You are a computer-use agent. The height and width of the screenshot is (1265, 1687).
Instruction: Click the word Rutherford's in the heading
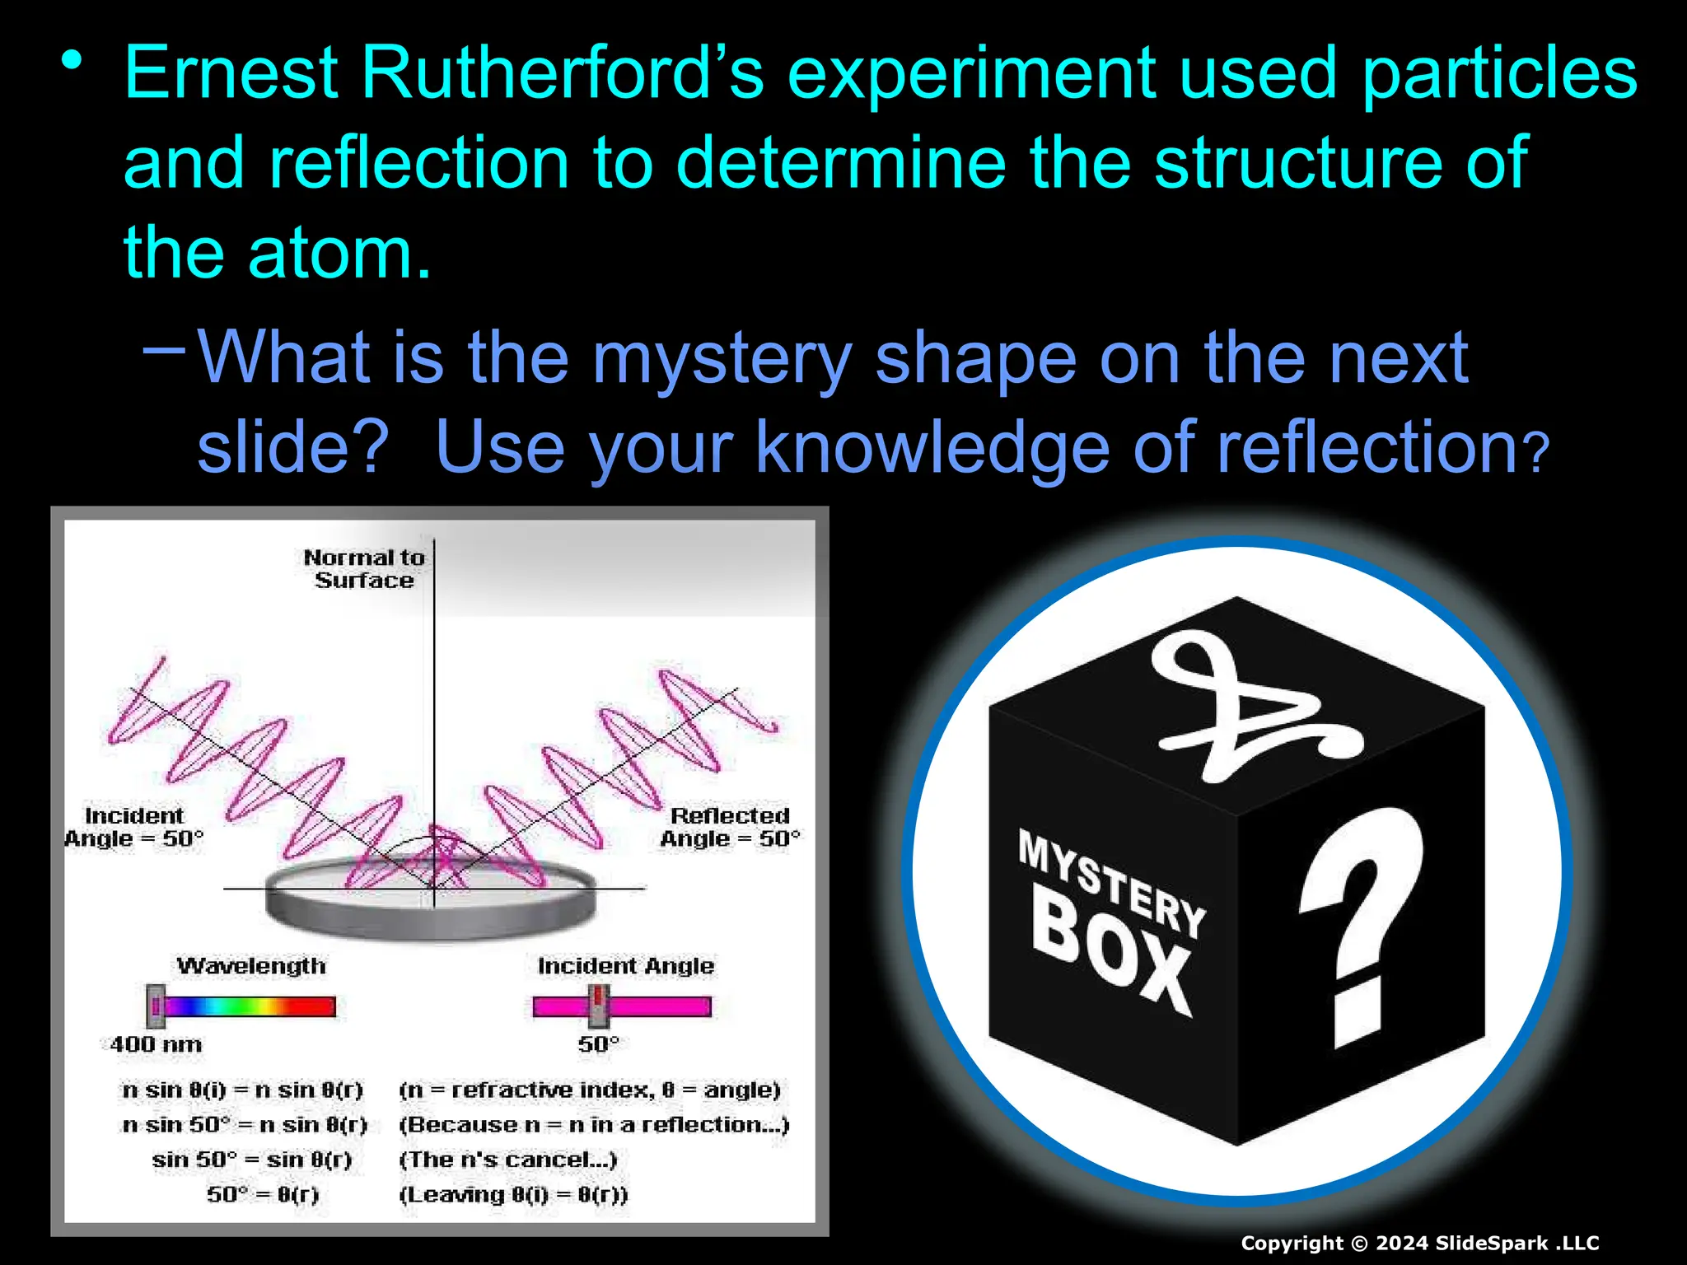click(x=562, y=74)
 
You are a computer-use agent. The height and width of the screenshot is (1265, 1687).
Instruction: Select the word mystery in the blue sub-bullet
click(x=722, y=358)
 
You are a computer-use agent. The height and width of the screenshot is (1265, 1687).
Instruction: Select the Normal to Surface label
click(x=364, y=569)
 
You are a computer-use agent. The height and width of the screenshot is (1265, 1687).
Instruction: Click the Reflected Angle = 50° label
click(x=730, y=827)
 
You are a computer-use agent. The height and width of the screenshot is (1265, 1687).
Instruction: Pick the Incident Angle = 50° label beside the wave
click(x=133, y=827)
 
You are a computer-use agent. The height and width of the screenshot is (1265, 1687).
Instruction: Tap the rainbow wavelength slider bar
click(x=247, y=1006)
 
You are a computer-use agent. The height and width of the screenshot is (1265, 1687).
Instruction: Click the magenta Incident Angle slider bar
click(x=623, y=1006)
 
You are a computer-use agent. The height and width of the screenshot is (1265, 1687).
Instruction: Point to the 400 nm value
click(x=156, y=1044)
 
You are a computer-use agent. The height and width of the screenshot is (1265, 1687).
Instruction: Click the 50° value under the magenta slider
click(x=598, y=1044)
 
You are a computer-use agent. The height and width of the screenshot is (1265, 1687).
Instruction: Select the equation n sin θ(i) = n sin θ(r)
click(x=242, y=1090)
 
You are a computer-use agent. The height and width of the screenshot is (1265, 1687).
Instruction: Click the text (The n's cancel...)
click(x=508, y=1160)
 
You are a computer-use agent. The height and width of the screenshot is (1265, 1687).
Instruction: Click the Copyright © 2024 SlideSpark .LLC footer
click(x=1419, y=1243)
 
